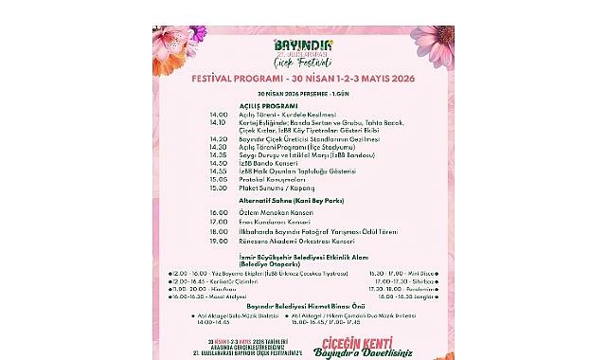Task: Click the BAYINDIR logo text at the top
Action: [x=301, y=44]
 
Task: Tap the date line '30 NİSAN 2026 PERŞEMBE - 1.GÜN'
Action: [x=301, y=94]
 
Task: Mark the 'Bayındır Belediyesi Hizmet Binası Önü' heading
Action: [x=301, y=307]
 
